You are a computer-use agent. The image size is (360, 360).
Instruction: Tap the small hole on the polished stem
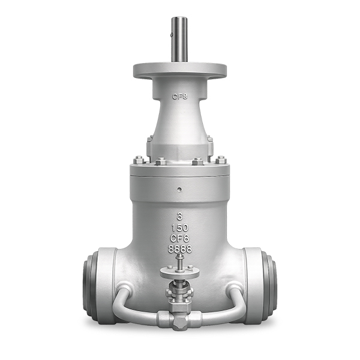[171, 35]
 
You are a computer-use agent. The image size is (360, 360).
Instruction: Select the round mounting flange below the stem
[180, 70]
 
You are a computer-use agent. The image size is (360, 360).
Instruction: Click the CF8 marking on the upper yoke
[180, 97]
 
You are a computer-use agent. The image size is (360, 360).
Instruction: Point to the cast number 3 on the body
[180, 216]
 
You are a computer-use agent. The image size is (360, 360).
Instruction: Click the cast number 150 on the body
[180, 228]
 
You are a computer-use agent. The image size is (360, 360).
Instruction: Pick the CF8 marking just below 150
[180, 238]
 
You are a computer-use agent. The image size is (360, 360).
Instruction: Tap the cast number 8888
[180, 249]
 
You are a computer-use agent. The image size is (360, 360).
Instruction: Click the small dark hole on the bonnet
[180, 190]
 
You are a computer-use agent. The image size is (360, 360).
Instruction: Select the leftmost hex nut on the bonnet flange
[139, 160]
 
